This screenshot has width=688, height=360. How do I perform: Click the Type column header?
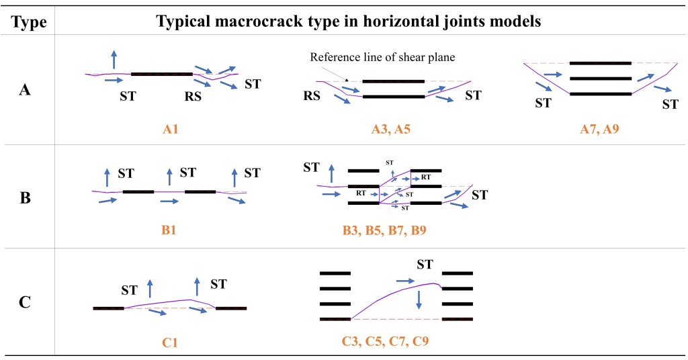30,22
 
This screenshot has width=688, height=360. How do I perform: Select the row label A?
25,90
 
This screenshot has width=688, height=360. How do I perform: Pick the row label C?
25,302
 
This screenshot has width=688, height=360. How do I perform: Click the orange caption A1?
170,128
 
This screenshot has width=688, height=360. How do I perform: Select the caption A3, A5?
390,128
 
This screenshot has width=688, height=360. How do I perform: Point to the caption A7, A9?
599,128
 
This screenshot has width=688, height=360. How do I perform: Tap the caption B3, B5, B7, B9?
384,230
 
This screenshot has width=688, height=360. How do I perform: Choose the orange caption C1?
170,342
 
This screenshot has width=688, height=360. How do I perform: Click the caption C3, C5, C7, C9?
385,342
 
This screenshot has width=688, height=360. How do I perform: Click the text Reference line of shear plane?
382,57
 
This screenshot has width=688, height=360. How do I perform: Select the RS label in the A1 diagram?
193,96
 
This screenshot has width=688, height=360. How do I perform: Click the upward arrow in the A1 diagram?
114,58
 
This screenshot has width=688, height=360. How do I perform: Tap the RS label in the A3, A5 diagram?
311,96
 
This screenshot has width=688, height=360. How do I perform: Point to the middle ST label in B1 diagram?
187,173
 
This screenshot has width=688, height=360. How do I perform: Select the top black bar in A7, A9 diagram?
600,63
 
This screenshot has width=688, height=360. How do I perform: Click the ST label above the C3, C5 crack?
425,264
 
